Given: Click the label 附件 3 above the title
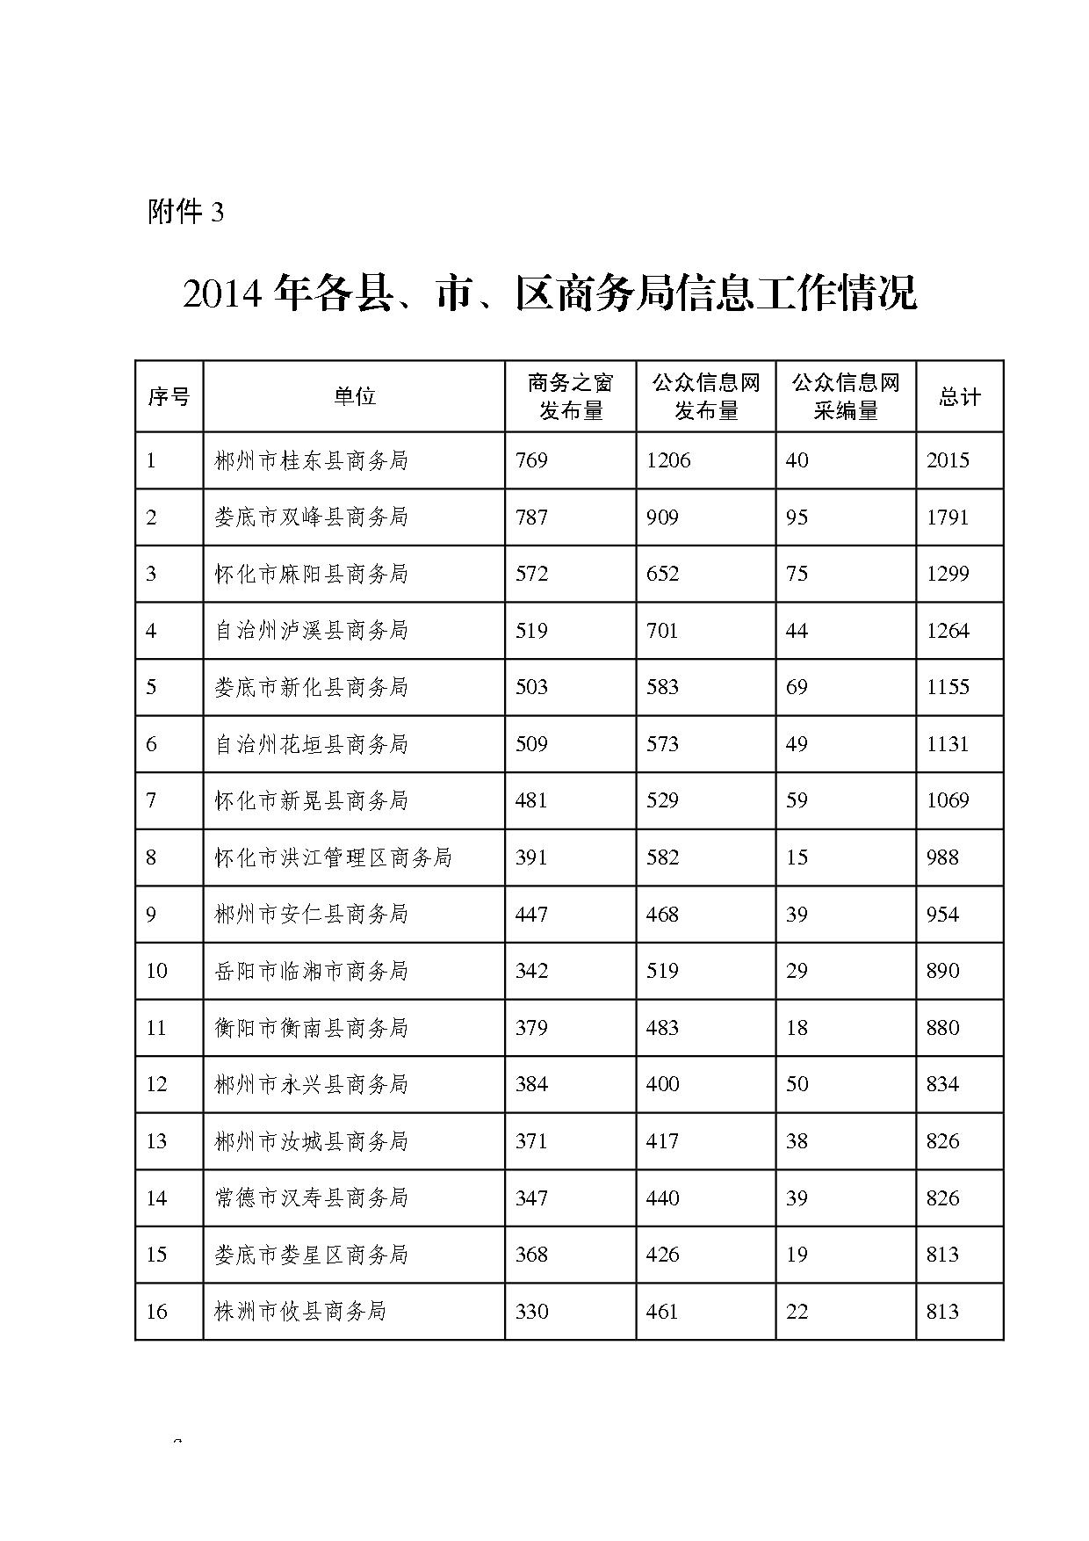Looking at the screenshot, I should click(x=186, y=212).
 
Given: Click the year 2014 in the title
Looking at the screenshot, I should click(x=223, y=294).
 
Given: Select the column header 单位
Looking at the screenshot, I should click(x=354, y=396).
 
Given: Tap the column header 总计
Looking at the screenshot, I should click(x=959, y=396).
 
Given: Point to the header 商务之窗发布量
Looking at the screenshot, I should click(x=570, y=396).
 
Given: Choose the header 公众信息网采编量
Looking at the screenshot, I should click(x=846, y=396).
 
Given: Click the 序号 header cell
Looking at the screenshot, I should click(x=169, y=396).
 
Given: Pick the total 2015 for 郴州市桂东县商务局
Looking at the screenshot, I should click(x=948, y=460).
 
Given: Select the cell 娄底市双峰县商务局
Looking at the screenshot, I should click(x=311, y=517).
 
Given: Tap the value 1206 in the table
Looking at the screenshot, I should click(x=668, y=460).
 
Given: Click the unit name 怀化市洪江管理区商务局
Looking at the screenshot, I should click(x=333, y=857).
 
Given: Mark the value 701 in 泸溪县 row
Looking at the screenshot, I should click(x=662, y=631).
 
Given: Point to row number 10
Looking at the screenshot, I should click(x=156, y=971).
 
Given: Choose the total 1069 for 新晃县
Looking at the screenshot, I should click(x=948, y=800).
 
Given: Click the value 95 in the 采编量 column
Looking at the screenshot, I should click(x=797, y=517).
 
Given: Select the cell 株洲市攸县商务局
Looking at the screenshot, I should click(x=300, y=1312).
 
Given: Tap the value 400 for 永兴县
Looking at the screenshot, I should click(x=662, y=1084).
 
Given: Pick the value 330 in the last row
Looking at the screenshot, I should click(x=532, y=1312).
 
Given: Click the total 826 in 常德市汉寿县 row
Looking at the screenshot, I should click(x=942, y=1198).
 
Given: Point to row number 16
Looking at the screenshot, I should click(x=156, y=1312).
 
